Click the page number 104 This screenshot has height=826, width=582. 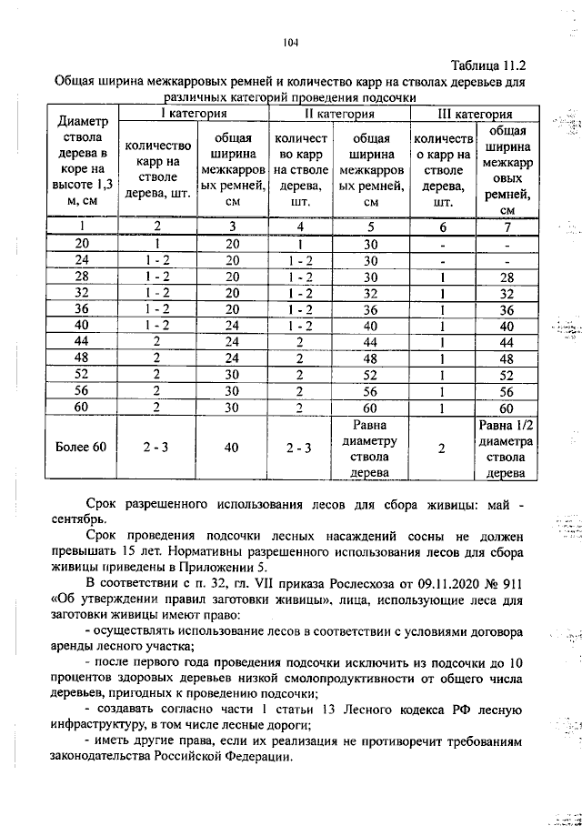click(291, 41)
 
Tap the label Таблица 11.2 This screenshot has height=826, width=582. click(488, 66)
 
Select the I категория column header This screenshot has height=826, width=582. click(194, 115)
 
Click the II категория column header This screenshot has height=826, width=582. click(338, 115)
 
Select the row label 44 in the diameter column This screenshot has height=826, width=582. click(81, 340)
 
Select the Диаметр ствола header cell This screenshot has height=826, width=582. click(81, 161)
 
